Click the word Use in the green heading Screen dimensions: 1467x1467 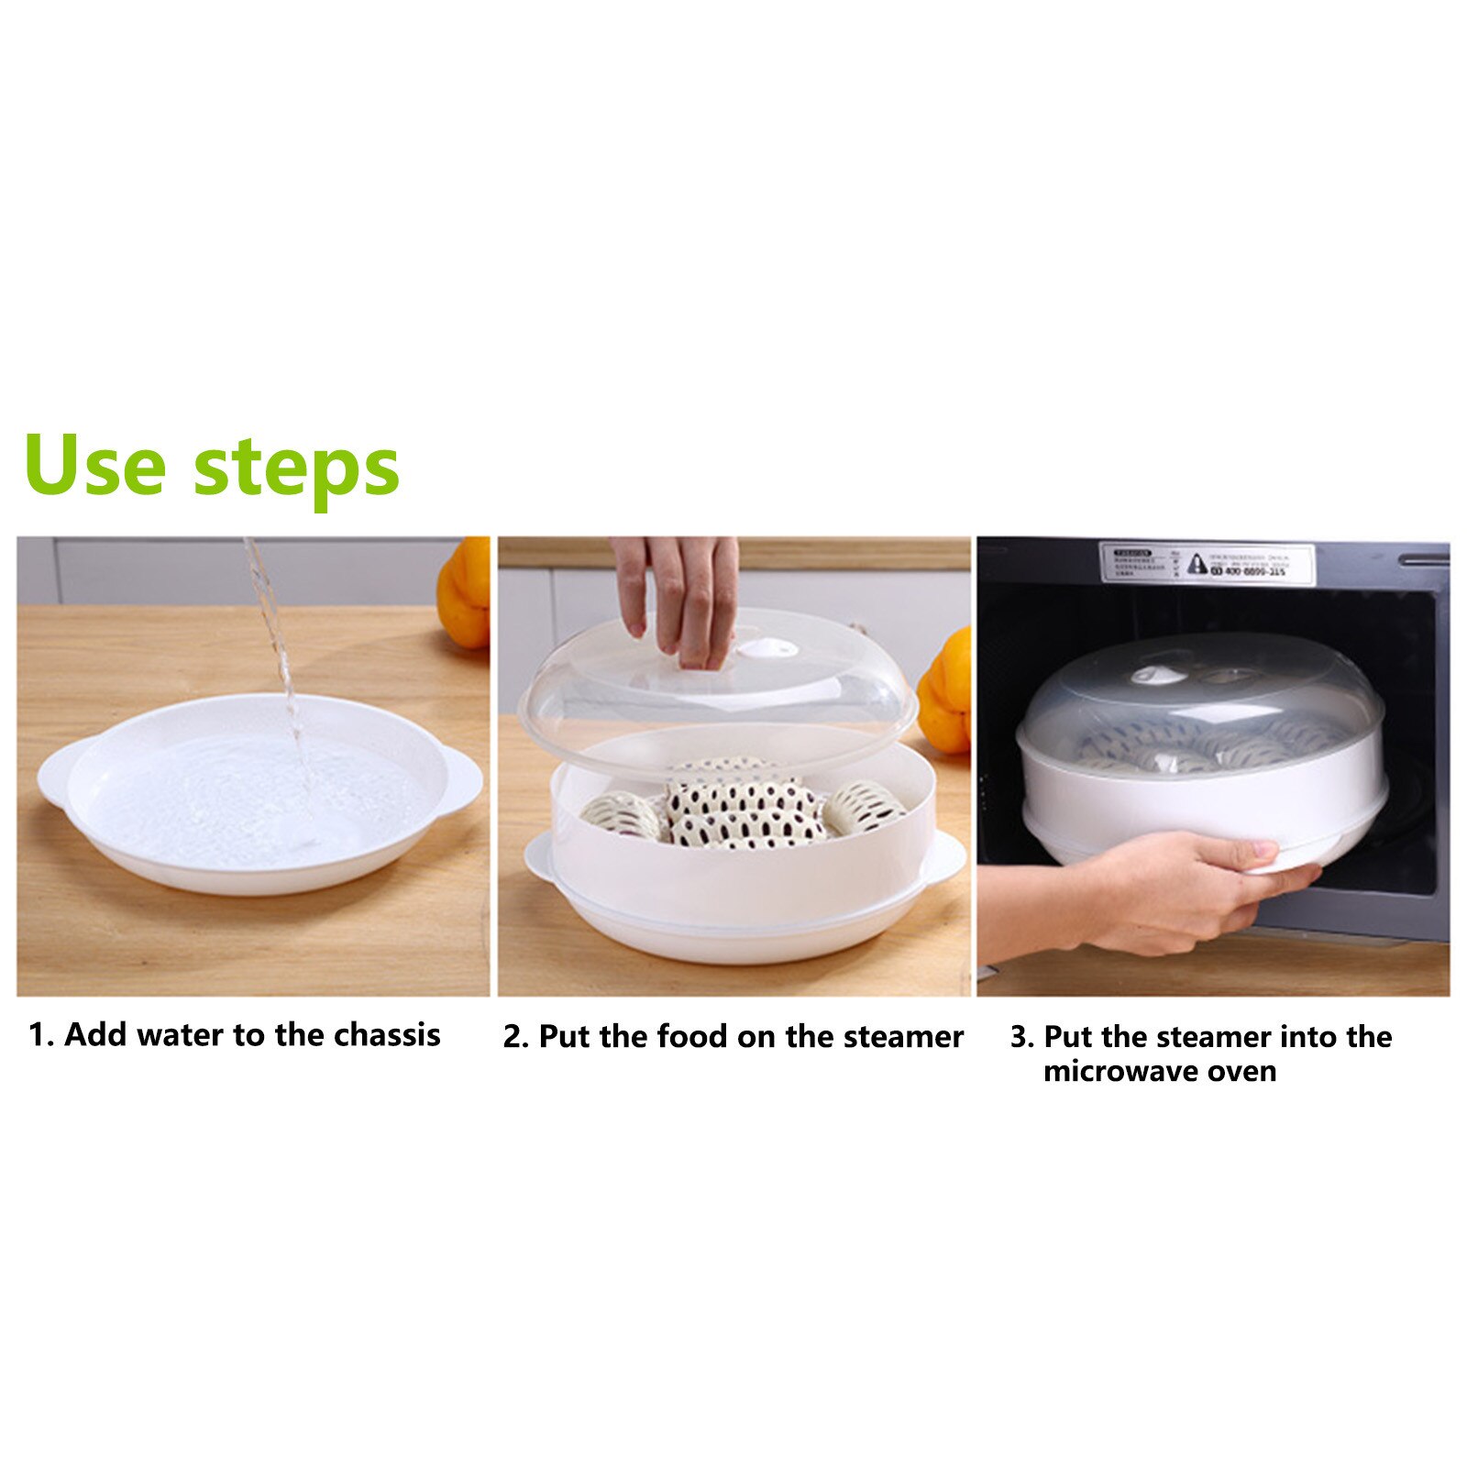click(95, 466)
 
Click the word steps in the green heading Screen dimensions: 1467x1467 click(296, 469)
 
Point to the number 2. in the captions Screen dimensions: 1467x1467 click(515, 1037)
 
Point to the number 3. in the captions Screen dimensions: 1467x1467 click(1022, 1037)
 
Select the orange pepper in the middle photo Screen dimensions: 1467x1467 click(946, 692)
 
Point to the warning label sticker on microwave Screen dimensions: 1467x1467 click(1206, 562)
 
